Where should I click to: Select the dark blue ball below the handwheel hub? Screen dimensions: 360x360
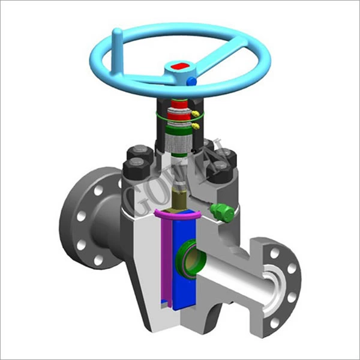pos(191,80)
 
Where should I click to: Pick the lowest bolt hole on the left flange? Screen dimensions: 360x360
pos(98,260)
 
